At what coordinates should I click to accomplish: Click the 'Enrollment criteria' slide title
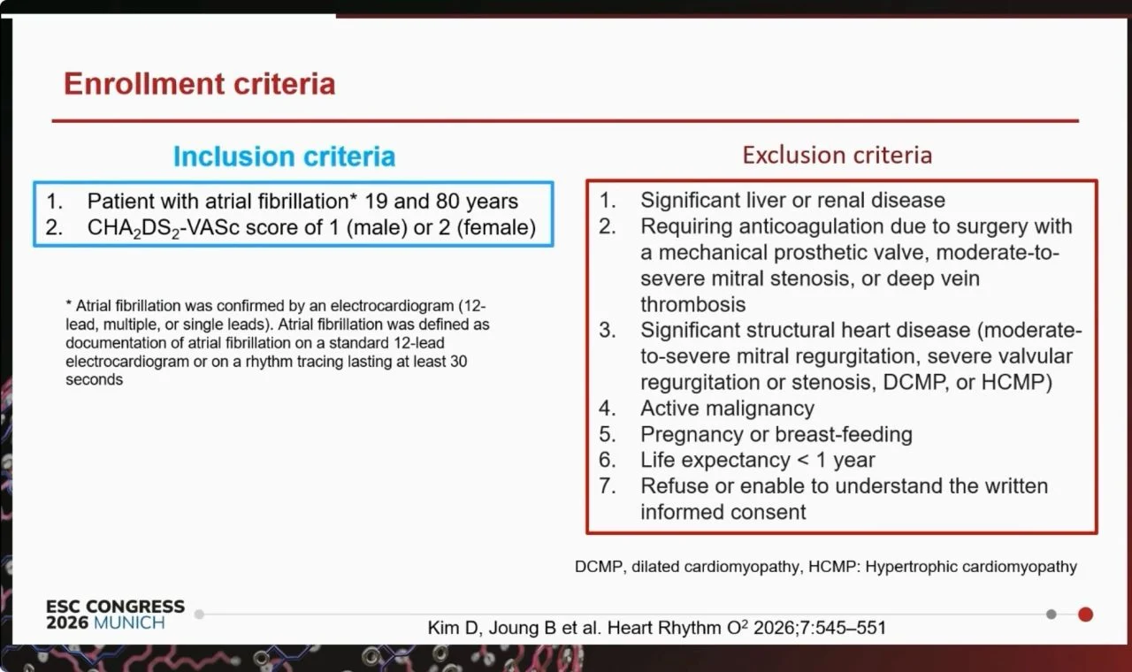tap(199, 83)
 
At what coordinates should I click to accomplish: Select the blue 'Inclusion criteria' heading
tap(284, 157)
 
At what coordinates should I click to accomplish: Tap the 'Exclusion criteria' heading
tap(837, 155)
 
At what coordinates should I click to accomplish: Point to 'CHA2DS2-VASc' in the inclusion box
tap(164, 228)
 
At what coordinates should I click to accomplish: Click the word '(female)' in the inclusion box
tap(496, 227)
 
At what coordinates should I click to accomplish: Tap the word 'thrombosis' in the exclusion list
tap(692, 304)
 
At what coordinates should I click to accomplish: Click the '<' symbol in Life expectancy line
tap(803, 461)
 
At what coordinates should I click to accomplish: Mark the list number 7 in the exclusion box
tap(607, 486)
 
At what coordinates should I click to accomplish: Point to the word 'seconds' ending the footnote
tap(94, 379)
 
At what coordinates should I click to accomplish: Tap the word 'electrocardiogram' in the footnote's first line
tap(392, 306)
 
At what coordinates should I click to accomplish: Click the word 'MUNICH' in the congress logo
tap(129, 623)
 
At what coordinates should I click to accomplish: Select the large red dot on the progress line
tap(1085, 615)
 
